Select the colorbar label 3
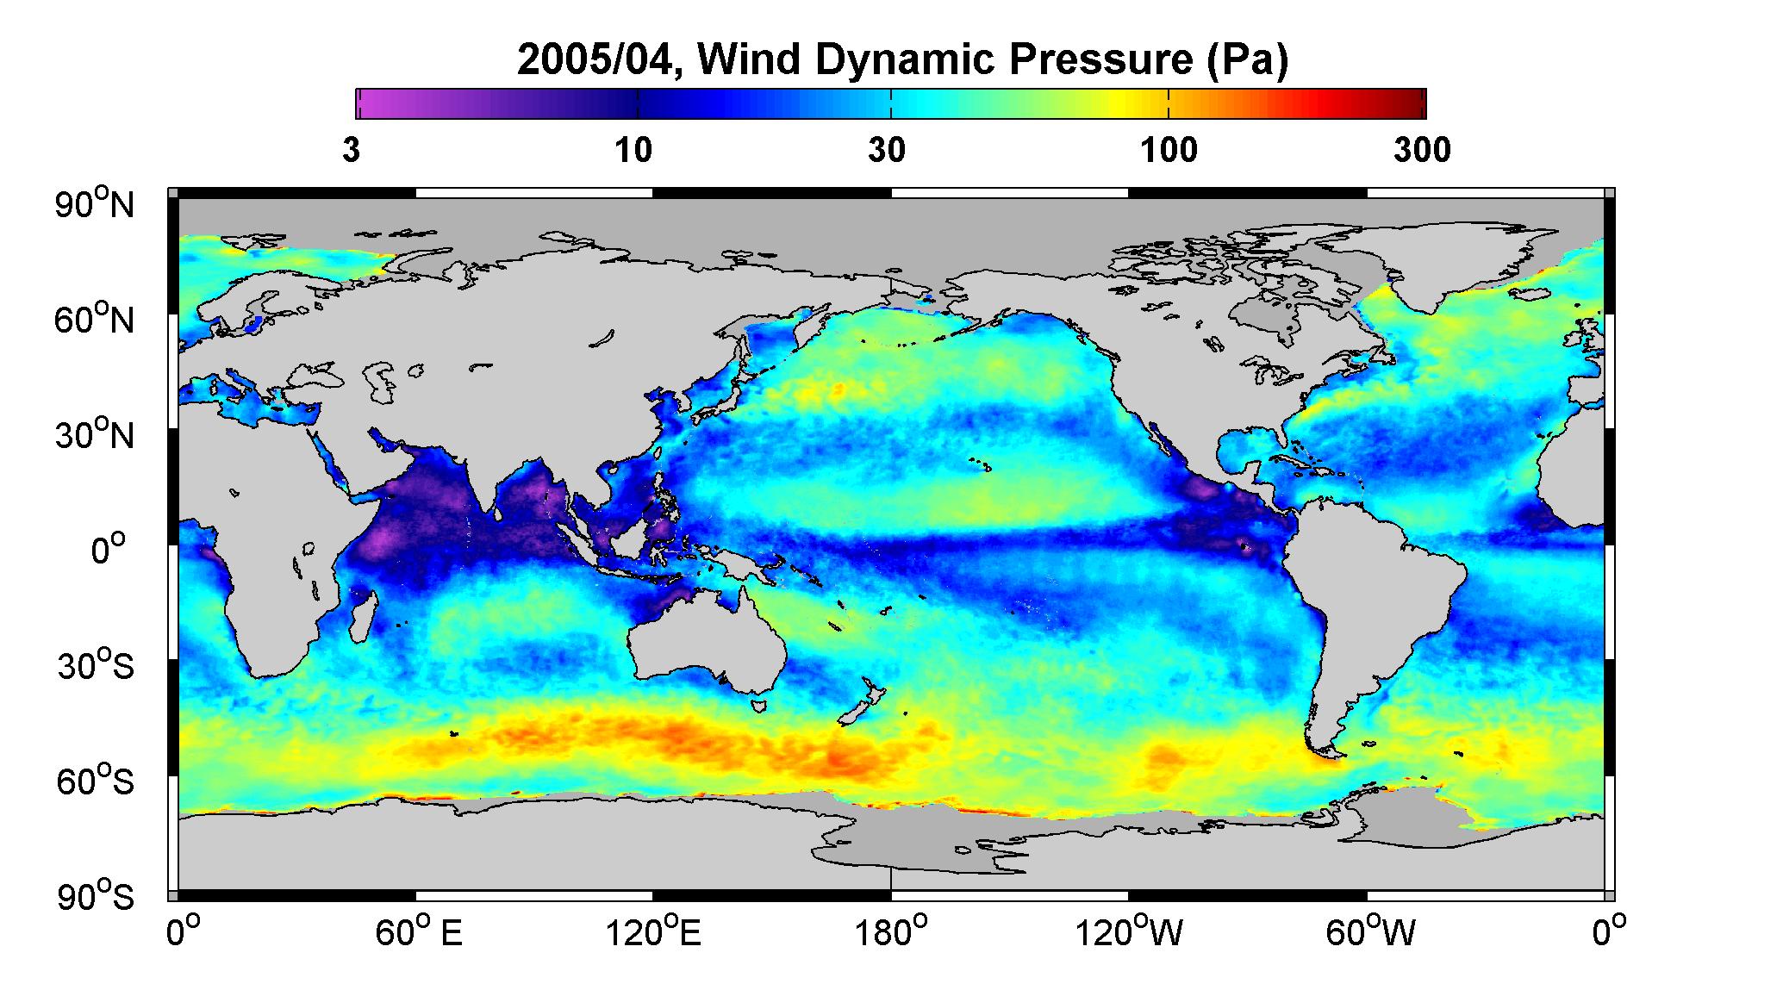click(x=351, y=151)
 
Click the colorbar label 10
click(x=633, y=151)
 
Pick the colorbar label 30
click(x=887, y=151)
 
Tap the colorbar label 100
click(x=1169, y=151)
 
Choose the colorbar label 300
click(x=1422, y=151)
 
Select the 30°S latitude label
click(x=96, y=666)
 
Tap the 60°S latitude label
click(x=96, y=781)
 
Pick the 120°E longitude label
click(x=653, y=933)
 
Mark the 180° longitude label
click(x=891, y=933)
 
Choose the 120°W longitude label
click(x=1129, y=933)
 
